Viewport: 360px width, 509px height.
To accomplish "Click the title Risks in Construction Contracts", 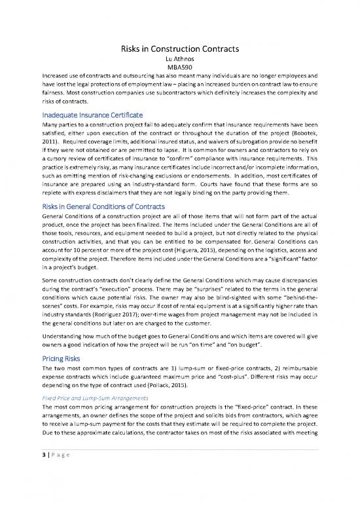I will point(180,48).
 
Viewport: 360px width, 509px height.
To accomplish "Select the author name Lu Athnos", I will point(180,58).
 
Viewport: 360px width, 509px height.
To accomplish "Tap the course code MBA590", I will point(180,66).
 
